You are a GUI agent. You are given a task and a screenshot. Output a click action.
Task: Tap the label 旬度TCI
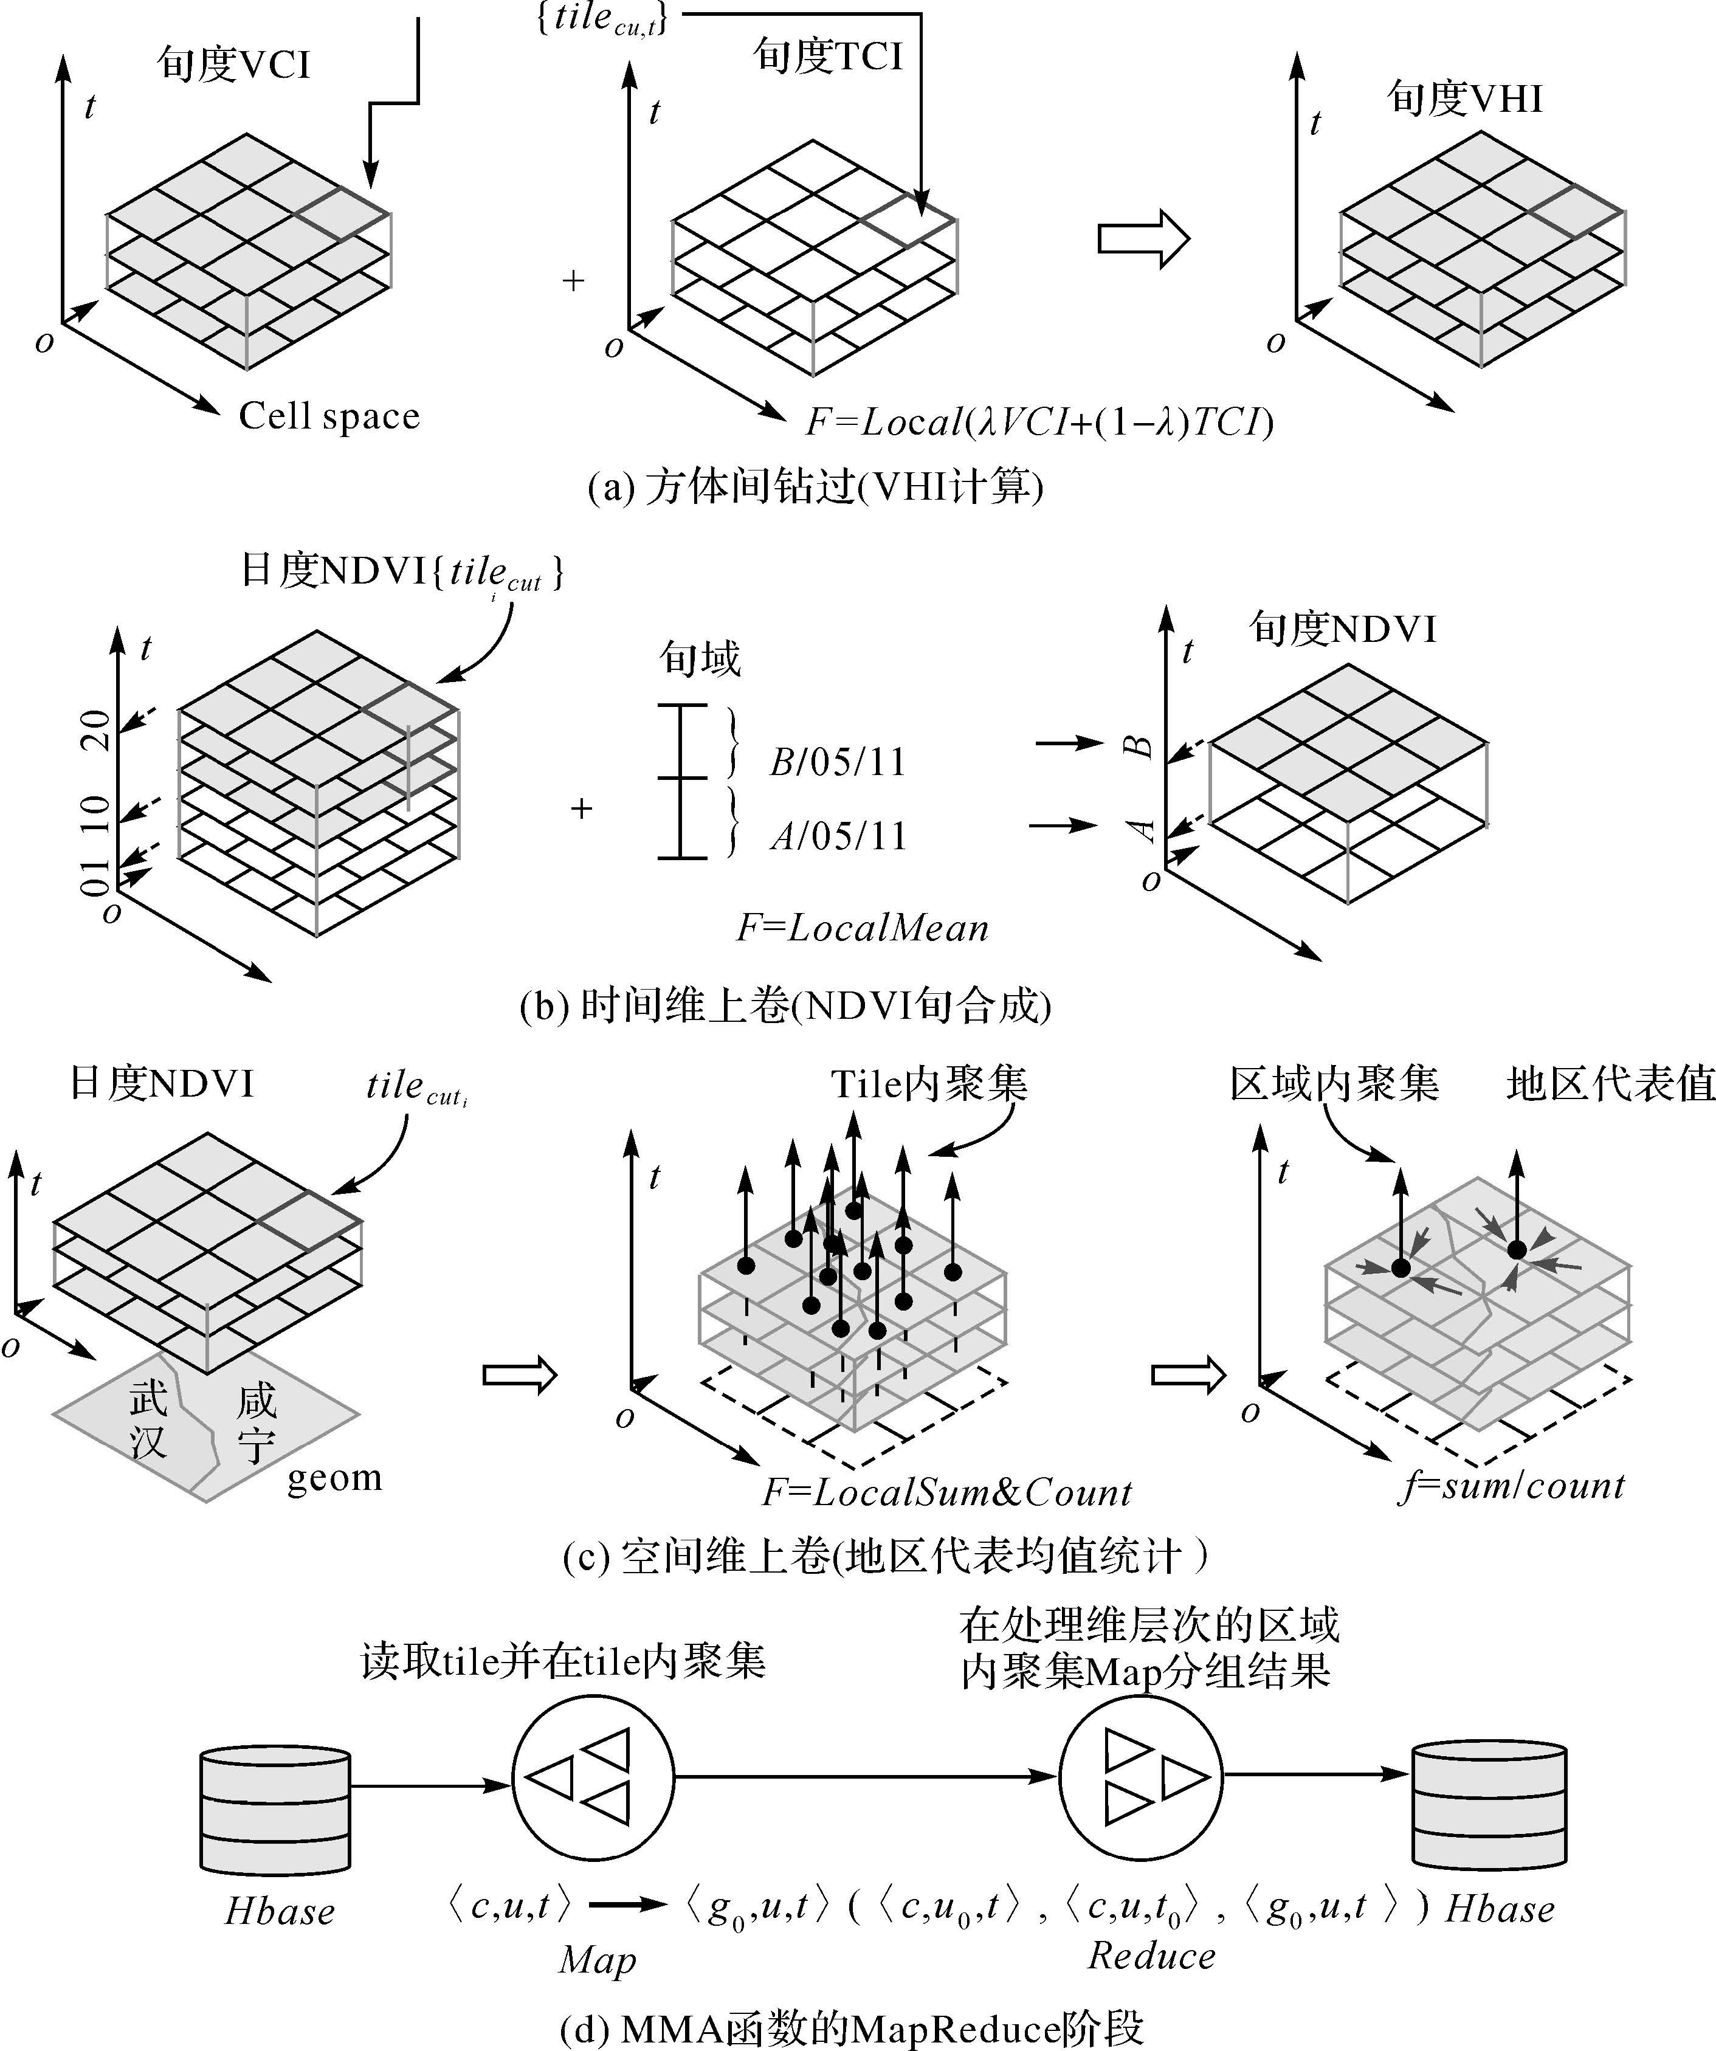pyautogui.click(x=828, y=56)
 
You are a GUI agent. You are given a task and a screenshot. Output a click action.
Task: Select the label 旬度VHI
pyautogui.click(x=1465, y=98)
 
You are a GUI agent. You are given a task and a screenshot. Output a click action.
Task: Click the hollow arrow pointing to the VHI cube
pyautogui.click(x=1143, y=238)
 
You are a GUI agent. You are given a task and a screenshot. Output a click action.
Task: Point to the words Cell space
pyautogui.click(x=329, y=416)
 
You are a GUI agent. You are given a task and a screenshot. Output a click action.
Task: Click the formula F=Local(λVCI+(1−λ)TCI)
pyautogui.click(x=1039, y=422)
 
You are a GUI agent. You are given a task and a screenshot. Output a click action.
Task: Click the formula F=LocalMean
pyautogui.click(x=863, y=928)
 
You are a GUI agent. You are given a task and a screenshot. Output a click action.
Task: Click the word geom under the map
pyautogui.click(x=334, y=1478)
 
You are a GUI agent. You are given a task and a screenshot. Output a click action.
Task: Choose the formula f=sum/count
pyautogui.click(x=1512, y=1486)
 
